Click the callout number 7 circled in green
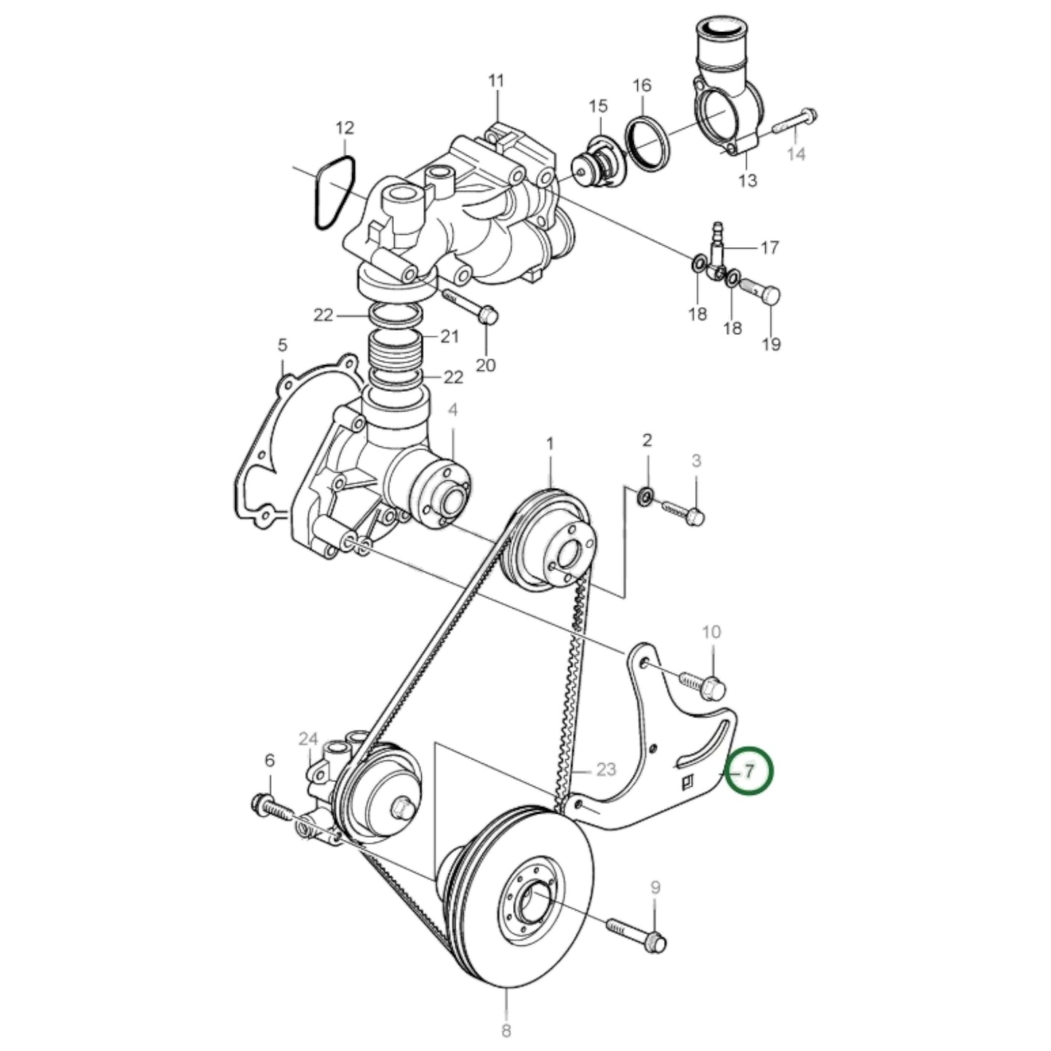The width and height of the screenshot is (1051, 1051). [x=750, y=770]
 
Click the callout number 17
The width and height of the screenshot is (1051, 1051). [x=769, y=247]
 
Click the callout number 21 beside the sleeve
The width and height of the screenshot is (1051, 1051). [x=450, y=337]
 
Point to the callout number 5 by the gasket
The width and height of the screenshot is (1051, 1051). [x=282, y=344]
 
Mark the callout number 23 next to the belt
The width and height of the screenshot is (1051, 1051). [x=606, y=769]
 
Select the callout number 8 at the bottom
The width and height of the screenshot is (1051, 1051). [x=506, y=1030]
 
